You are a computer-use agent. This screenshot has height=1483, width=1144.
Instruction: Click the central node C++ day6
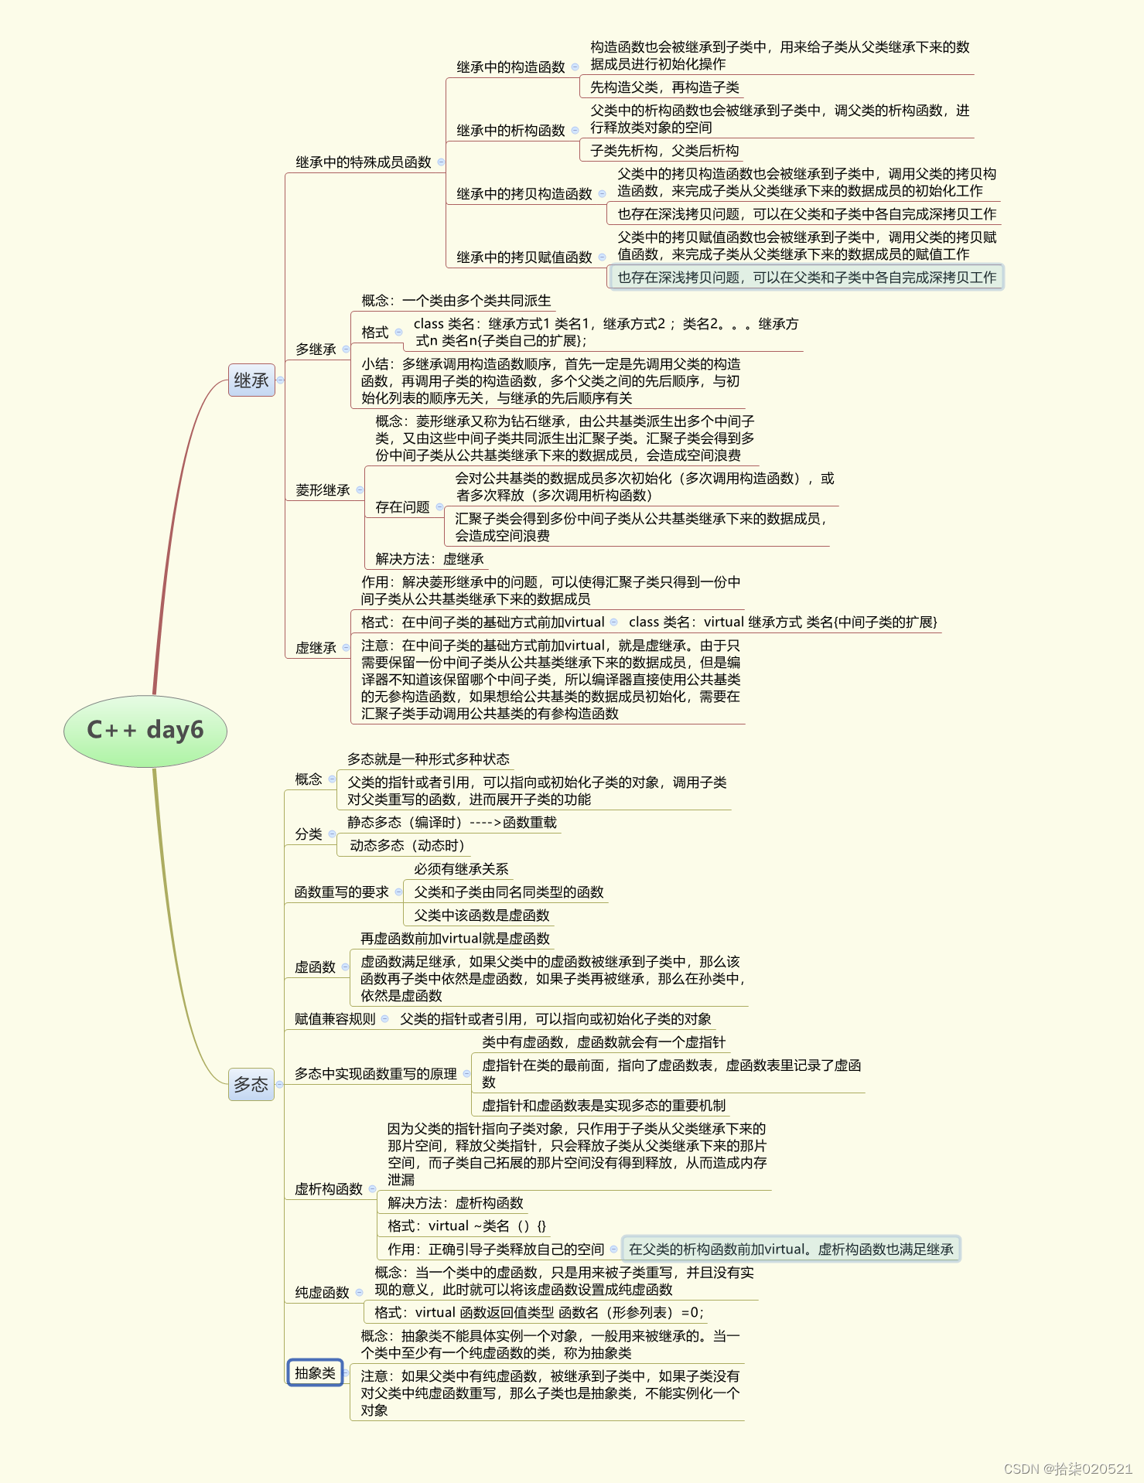coord(145,730)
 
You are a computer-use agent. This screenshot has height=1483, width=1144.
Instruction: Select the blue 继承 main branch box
coord(251,380)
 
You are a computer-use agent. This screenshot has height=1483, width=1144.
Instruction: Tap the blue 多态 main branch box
coord(251,1084)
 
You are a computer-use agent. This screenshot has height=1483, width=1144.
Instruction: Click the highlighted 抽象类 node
coord(315,1372)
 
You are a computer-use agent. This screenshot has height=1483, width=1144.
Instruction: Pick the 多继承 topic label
coord(316,349)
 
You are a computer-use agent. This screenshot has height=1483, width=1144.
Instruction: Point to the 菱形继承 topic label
coord(323,490)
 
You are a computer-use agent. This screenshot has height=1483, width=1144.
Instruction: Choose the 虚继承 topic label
coord(316,648)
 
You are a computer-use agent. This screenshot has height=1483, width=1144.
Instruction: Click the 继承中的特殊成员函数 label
coord(364,162)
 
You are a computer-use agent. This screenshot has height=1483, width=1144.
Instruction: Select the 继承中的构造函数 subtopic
coord(511,67)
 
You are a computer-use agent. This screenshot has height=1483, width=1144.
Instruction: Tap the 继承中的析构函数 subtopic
coord(511,131)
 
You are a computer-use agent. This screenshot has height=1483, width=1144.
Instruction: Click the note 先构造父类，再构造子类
coord(664,87)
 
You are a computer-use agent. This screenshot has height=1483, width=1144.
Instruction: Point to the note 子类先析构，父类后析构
coord(664,151)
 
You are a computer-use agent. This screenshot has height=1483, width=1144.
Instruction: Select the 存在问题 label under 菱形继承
coord(402,507)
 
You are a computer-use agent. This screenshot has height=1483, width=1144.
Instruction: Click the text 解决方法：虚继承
coord(429,559)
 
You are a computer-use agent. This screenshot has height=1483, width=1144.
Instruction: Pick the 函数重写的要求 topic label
coord(341,892)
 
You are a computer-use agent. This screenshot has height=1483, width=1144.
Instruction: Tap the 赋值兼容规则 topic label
coord(335,1019)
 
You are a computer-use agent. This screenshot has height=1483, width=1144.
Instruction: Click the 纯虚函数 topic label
coord(322,1293)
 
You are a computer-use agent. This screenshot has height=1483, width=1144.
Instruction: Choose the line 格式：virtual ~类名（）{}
coord(466,1226)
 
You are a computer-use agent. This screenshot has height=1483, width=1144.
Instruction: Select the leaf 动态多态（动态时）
coord(407,846)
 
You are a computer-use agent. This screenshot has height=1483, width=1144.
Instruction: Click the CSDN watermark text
coord(1067,1468)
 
